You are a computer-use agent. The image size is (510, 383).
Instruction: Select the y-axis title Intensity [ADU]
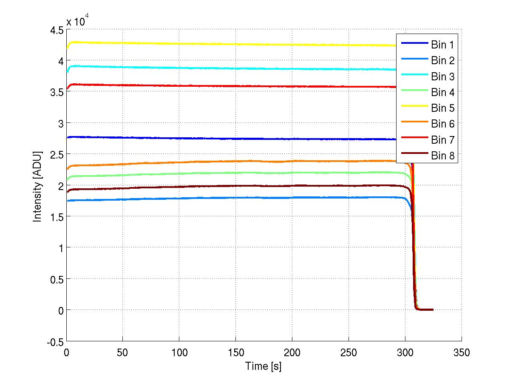[38, 185]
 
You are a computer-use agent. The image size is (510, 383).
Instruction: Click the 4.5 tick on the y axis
[56, 30]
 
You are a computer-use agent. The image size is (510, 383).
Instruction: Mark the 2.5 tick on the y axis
[56, 154]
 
